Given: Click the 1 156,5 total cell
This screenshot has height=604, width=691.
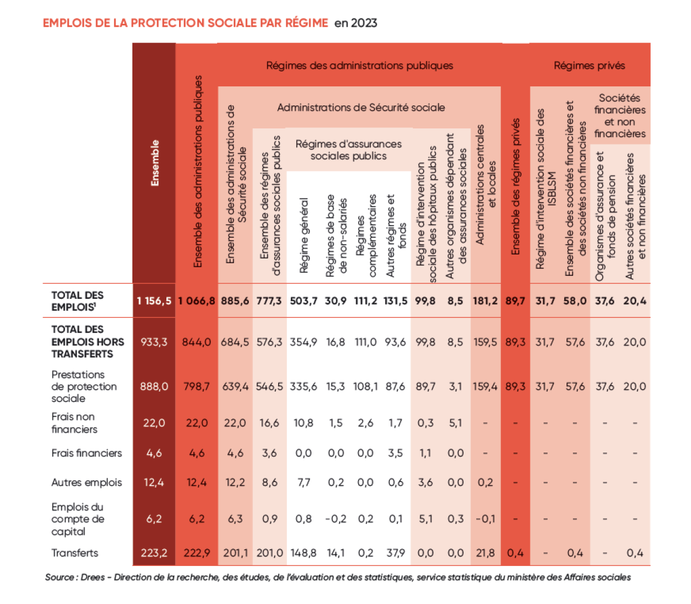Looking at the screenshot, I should (154, 301).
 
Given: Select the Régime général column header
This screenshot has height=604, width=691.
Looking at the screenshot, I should (304, 236).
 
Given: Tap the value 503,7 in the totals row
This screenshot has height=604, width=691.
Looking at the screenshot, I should (303, 301).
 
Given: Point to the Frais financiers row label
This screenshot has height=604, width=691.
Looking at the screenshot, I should (86, 453).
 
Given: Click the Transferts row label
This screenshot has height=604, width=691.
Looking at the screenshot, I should (75, 553).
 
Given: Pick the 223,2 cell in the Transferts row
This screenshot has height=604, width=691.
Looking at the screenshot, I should (154, 553).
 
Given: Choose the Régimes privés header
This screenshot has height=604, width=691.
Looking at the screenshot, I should (589, 66).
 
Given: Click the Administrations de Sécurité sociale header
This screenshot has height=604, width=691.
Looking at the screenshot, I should (361, 108).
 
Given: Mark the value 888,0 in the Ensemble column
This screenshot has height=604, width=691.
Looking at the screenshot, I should (154, 386).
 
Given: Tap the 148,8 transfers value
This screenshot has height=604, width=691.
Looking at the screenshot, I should (303, 553).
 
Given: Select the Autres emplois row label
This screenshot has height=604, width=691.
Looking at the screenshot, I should (86, 483).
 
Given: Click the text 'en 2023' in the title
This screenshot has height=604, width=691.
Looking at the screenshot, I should (356, 23).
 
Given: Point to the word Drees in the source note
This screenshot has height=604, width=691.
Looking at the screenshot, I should (93, 577).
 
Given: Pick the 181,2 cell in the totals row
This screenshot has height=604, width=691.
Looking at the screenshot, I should (485, 301).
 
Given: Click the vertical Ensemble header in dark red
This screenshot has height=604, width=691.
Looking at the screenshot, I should (154, 163).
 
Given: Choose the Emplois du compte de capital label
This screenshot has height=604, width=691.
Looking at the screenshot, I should (78, 519).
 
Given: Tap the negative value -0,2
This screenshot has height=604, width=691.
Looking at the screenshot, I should (336, 519).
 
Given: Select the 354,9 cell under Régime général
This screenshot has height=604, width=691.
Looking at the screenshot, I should (303, 342).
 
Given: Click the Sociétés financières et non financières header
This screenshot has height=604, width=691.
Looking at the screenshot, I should (620, 116).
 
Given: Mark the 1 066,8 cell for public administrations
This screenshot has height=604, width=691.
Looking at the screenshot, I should (196, 301).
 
